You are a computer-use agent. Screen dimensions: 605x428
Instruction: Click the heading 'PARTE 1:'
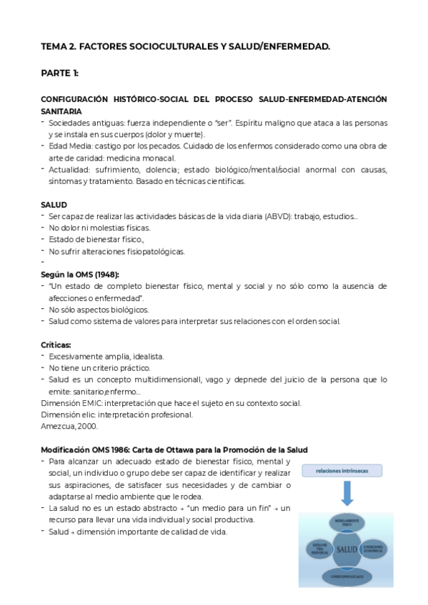tap(60, 73)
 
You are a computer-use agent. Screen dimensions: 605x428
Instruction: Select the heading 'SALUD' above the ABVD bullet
tap(54, 205)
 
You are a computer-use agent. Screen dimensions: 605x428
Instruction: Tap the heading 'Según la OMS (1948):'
tap(79, 275)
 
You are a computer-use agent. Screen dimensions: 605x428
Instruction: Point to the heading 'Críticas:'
tap(56, 345)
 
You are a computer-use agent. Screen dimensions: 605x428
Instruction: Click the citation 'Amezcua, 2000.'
tap(69, 426)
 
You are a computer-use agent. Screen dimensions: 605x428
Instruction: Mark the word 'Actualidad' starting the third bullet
tap(69, 170)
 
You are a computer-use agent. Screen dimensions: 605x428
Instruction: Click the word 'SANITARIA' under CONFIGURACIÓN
tap(61, 111)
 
